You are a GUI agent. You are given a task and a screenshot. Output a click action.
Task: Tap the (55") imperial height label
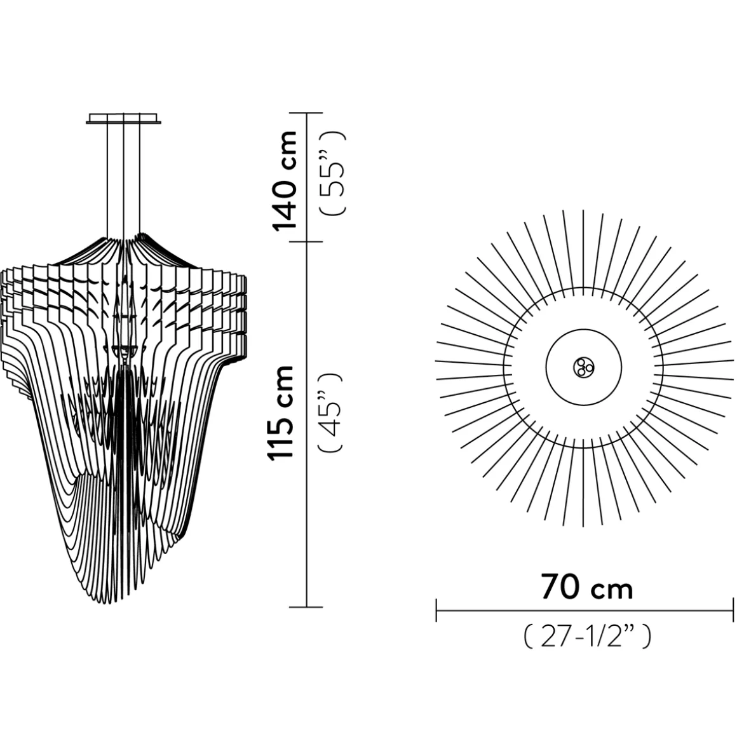point(334,173)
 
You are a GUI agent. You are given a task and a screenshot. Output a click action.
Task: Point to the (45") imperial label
point(332,412)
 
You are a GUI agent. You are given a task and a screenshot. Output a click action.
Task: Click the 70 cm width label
point(586,588)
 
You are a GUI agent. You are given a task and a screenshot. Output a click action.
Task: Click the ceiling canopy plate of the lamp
point(124,119)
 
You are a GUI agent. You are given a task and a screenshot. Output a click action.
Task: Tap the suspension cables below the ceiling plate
point(124,178)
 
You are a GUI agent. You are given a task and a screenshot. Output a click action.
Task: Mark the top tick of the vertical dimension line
point(307,113)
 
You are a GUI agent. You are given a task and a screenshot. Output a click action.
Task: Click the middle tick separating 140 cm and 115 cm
point(307,241)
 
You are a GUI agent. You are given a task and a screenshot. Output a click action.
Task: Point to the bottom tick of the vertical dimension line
point(307,607)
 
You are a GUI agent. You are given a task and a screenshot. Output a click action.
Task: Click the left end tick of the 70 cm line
point(436,610)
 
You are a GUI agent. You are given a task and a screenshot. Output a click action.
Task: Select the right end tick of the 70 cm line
point(734,610)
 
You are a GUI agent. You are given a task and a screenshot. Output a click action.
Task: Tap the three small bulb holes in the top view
point(583,367)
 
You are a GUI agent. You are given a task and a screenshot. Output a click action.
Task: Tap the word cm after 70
point(612,590)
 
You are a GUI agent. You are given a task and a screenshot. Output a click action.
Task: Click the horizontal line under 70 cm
point(585,610)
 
